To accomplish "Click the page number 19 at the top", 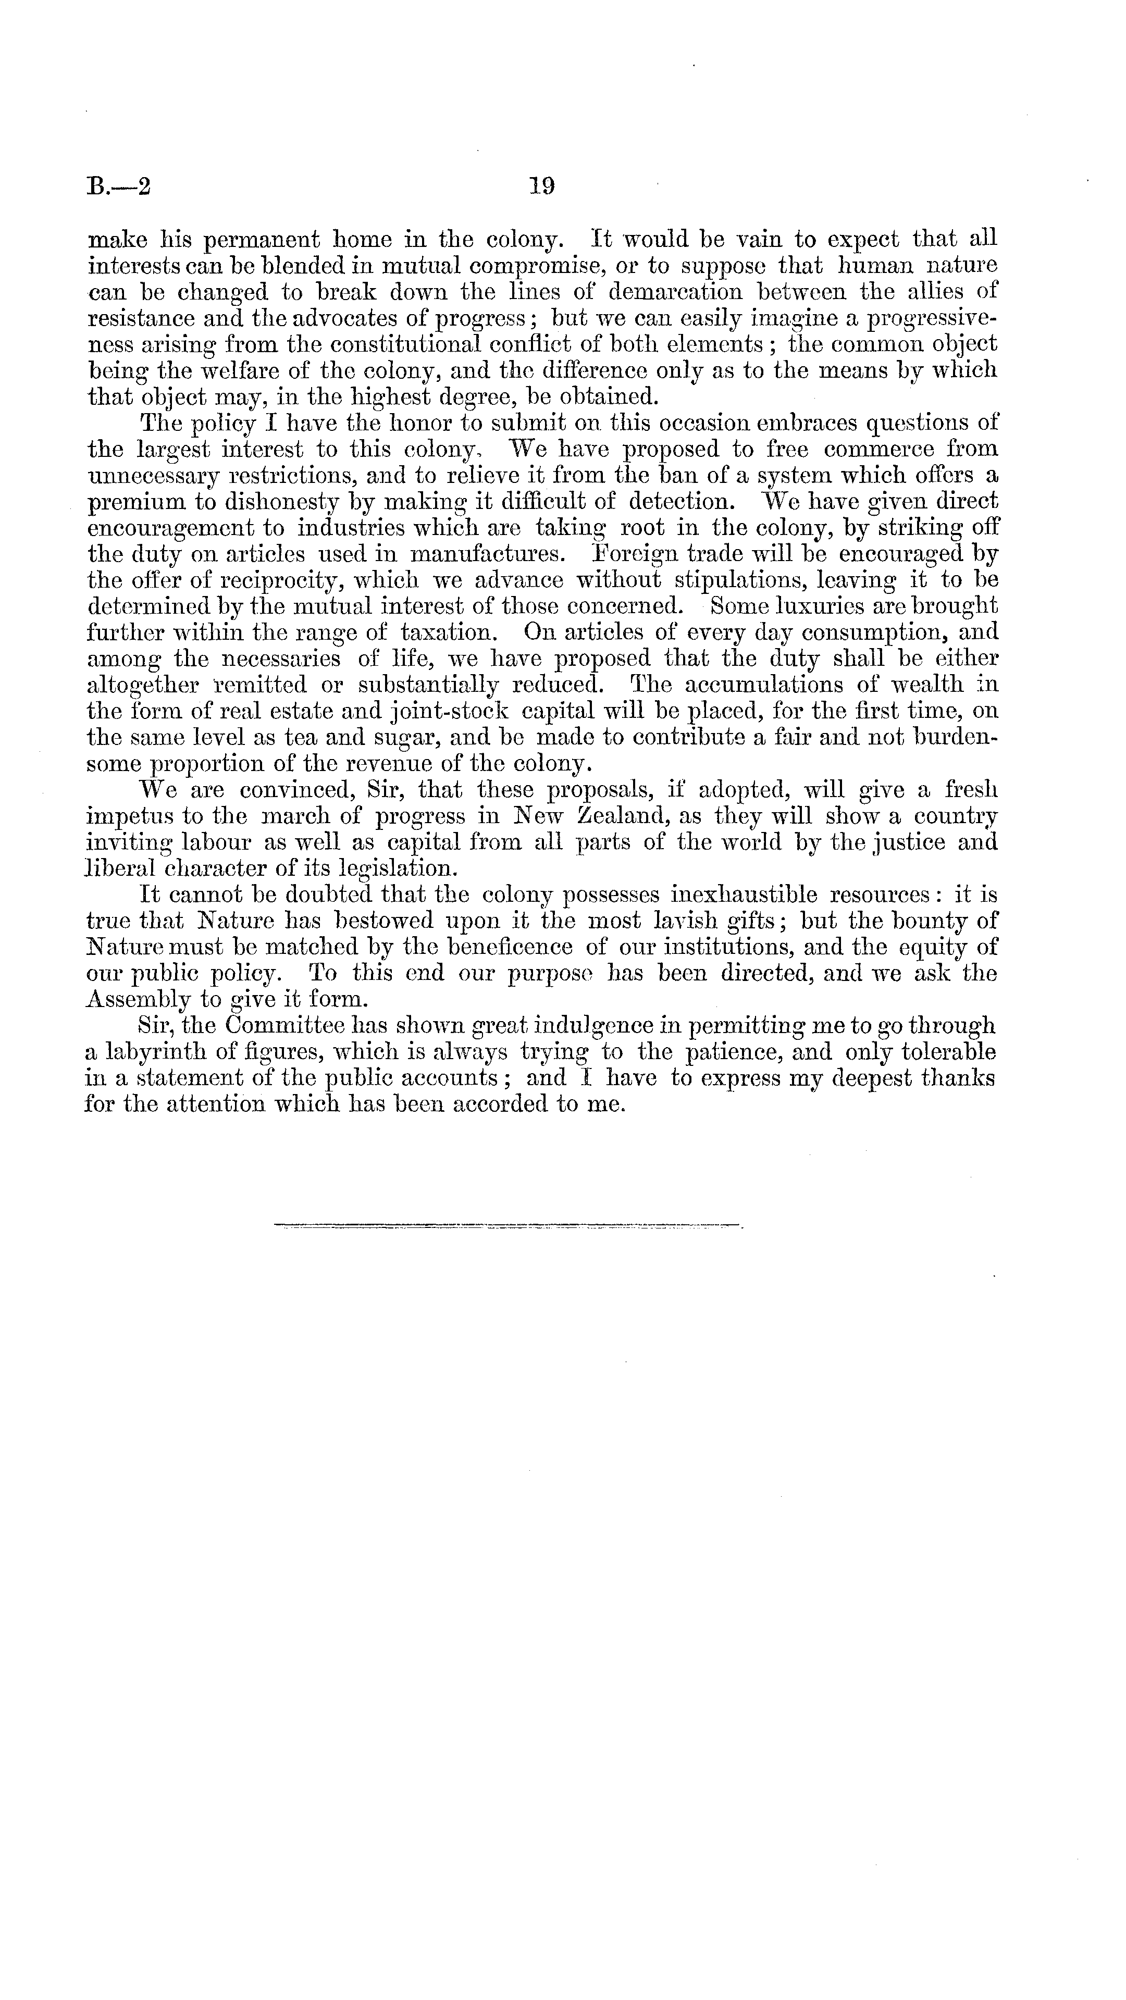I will pyautogui.click(x=541, y=187).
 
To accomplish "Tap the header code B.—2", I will pyautogui.click(x=119, y=187).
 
